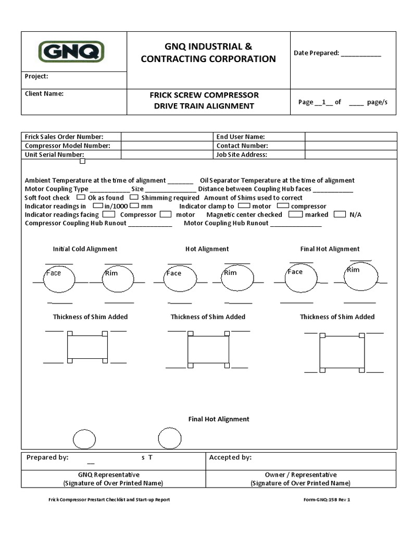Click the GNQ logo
pyautogui.click(x=71, y=52)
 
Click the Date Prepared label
pyautogui.click(x=316, y=53)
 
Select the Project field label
pyautogui.click(x=36, y=76)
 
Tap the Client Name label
pyautogui.click(x=44, y=94)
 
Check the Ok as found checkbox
pyautogui.click(x=81, y=198)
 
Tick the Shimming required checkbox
pyautogui.click(x=134, y=198)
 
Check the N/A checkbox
pyautogui.click(x=340, y=214)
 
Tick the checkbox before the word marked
pyautogui.click(x=295, y=214)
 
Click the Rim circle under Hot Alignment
pyautogui.click(x=238, y=278)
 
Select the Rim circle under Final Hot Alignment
pyautogui.click(x=361, y=276)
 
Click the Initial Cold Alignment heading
pyautogui.click(x=85, y=249)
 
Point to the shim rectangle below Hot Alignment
pyautogui.click(x=208, y=349)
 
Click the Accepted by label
pyautogui.click(x=230, y=457)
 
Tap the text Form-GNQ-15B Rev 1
pyautogui.click(x=327, y=500)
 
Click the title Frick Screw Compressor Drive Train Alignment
pyautogui.click(x=204, y=101)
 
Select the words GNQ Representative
pyautogui.click(x=109, y=475)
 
